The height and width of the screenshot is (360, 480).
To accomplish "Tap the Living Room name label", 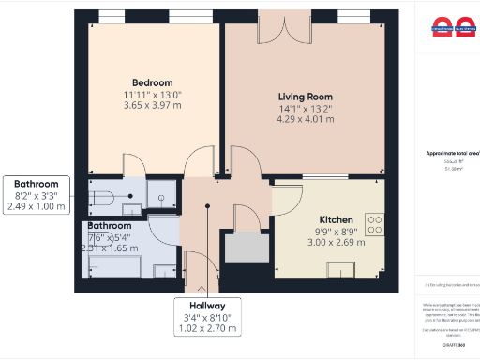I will click(306, 97).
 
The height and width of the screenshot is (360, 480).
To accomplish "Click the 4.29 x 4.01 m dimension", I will click(306, 122).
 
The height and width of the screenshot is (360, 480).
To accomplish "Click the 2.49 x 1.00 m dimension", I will click(36, 206).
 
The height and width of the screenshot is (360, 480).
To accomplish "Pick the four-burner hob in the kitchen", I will click(374, 224).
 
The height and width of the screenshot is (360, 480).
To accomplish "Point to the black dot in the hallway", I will click(207, 208).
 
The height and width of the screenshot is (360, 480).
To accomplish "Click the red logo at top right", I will click(453, 27).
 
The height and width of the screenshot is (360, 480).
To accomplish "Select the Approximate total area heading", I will click(454, 151).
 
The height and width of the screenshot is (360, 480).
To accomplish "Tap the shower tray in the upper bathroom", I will click(160, 194).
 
